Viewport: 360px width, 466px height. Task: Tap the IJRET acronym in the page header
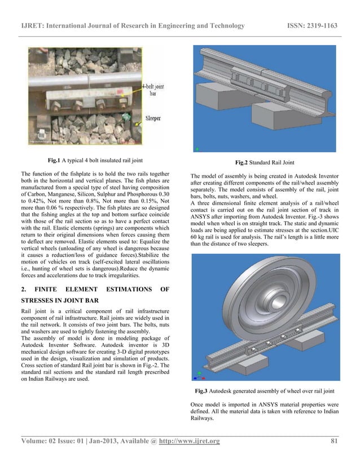(33, 26)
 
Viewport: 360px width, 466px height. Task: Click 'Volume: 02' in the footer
(41, 441)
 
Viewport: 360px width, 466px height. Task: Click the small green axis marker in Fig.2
(197, 149)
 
